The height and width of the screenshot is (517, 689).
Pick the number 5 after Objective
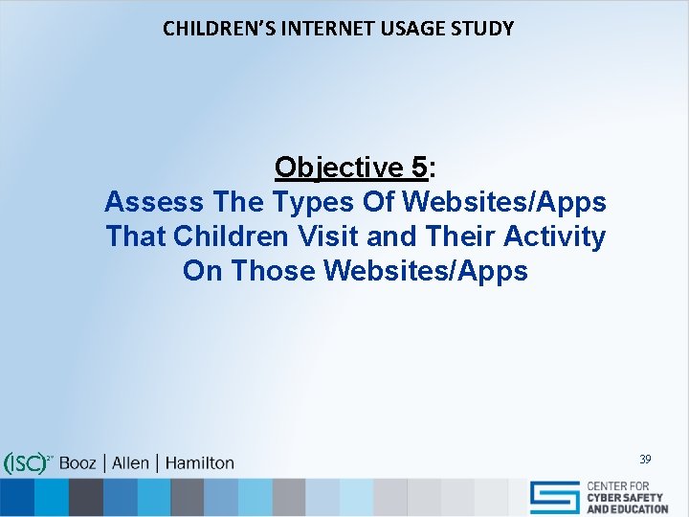click(417, 168)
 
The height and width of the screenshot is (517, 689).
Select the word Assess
click(154, 202)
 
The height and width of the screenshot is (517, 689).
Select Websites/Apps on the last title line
click(426, 271)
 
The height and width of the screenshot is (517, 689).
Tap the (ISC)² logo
click(28, 462)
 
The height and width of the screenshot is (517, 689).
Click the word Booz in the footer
click(78, 462)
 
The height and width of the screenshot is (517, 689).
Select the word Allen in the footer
click(130, 462)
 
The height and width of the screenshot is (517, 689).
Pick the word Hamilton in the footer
click(200, 462)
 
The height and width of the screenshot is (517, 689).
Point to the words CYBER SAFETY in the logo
click(628, 499)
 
